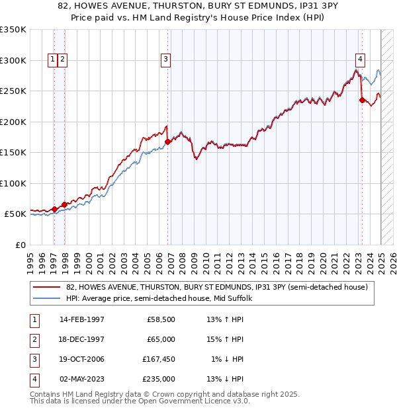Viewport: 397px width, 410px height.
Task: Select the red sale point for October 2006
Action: (168, 142)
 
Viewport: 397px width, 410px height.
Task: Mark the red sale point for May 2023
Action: (362, 100)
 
